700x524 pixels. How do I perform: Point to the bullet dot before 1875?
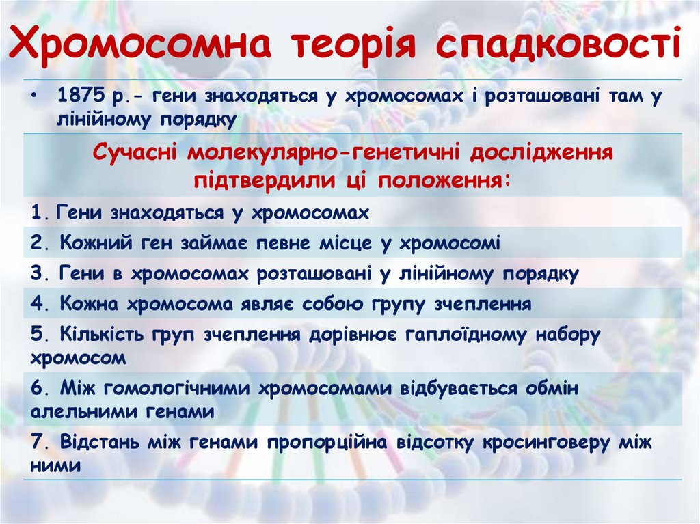pyautogui.click(x=34, y=96)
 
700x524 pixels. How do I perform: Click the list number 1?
pyautogui.click(x=36, y=212)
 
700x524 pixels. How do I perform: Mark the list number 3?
pyautogui.click(x=36, y=274)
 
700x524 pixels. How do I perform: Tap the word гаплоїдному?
pyautogui.click(x=468, y=335)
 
